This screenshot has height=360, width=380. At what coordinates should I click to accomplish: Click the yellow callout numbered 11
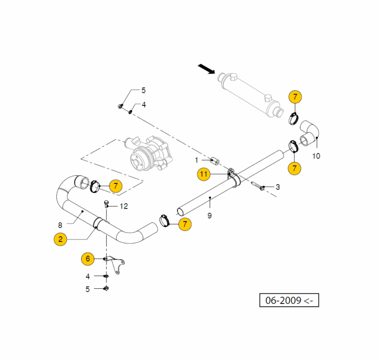click(x=204, y=174)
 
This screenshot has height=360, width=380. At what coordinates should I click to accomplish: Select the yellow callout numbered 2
click(x=60, y=239)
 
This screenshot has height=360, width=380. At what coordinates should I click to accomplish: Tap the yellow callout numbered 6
click(x=87, y=259)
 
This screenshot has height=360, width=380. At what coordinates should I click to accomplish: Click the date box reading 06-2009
click(x=289, y=300)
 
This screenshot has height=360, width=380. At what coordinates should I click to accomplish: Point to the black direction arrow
click(x=206, y=70)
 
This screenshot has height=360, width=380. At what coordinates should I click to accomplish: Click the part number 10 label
click(x=316, y=155)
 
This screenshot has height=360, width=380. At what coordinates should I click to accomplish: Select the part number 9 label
click(x=209, y=215)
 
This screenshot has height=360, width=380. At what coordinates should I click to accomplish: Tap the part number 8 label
click(x=60, y=225)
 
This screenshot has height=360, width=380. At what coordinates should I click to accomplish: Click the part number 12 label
click(x=124, y=206)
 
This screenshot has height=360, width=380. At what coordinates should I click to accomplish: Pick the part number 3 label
click(x=277, y=187)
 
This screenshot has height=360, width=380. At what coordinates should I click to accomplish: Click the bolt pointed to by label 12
click(x=106, y=205)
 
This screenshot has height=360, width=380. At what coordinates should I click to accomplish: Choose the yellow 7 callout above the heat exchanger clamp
click(x=294, y=97)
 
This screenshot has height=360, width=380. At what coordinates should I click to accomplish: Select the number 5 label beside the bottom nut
click(x=87, y=289)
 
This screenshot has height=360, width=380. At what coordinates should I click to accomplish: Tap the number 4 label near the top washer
click(x=143, y=104)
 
